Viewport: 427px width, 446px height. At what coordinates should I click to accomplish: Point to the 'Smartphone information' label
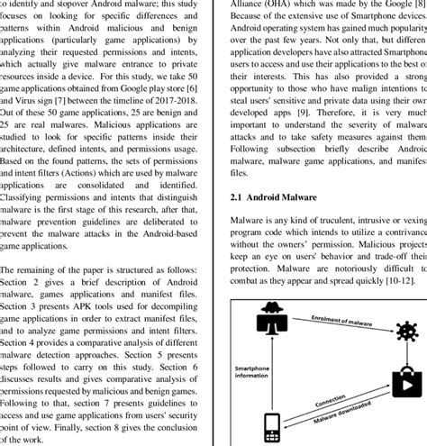coord(259,372)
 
